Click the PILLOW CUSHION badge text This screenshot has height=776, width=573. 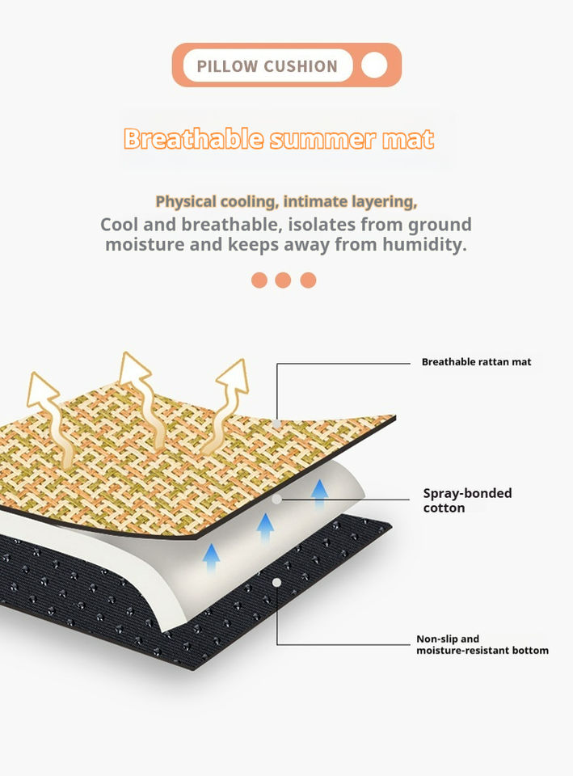pos(267,65)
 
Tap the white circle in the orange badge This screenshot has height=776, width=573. pos(374,65)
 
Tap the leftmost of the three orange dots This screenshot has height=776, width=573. pos(259,280)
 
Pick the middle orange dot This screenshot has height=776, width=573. pos(283,280)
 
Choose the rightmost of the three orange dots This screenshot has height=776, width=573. pos(308,280)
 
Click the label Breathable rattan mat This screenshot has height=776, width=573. pos(476,362)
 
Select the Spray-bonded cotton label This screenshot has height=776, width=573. pos(467,500)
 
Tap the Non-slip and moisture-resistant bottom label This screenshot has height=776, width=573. pos(482,644)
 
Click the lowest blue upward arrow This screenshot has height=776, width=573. pos(211,557)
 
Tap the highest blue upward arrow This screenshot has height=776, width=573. pos(320,492)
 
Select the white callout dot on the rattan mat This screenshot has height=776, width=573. pos(276,423)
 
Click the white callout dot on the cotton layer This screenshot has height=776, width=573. pos(276,500)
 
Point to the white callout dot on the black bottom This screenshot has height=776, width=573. pos(276,582)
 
